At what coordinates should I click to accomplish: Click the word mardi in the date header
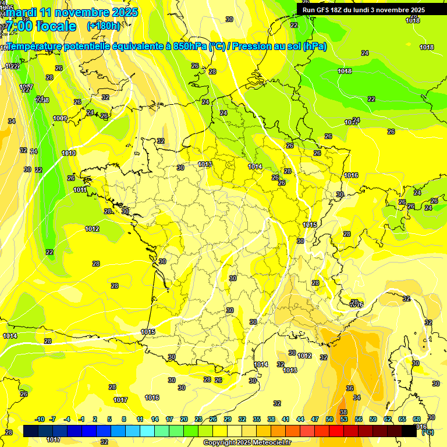pyautogui.click(x=22, y=12)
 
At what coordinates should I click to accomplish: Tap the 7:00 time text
pyautogui.click(x=18, y=26)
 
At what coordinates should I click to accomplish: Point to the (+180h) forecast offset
pyautogui.click(x=103, y=26)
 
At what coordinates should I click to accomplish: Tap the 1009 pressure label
pyautogui.click(x=59, y=118)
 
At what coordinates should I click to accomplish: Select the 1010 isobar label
pyautogui.click(x=69, y=153)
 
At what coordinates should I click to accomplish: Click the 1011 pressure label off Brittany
pyautogui.click(x=80, y=190)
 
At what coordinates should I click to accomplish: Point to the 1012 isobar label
pyautogui.click(x=92, y=229)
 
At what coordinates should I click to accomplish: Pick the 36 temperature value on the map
pyautogui.click(x=349, y=388)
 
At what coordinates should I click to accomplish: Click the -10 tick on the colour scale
pyautogui.click(x=40, y=419)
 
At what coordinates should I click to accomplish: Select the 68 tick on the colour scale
pyautogui.click(x=417, y=419)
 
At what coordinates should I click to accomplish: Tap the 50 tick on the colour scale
pyautogui.click(x=329, y=419)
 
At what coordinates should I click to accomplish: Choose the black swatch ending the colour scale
pyautogui.click(x=409, y=431)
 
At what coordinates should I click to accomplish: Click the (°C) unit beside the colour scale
pyautogui.click(x=427, y=432)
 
